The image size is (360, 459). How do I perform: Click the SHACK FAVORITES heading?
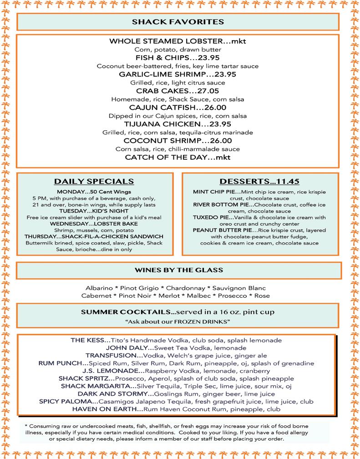(177, 21)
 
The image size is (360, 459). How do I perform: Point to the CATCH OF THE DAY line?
(177, 158)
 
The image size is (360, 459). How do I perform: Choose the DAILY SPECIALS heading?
(94, 181)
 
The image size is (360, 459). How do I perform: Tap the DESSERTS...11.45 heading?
(259, 181)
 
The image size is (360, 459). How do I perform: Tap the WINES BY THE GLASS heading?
(178, 270)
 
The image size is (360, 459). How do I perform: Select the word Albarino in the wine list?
(99, 288)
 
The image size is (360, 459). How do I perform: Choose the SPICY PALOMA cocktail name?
(68, 402)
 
